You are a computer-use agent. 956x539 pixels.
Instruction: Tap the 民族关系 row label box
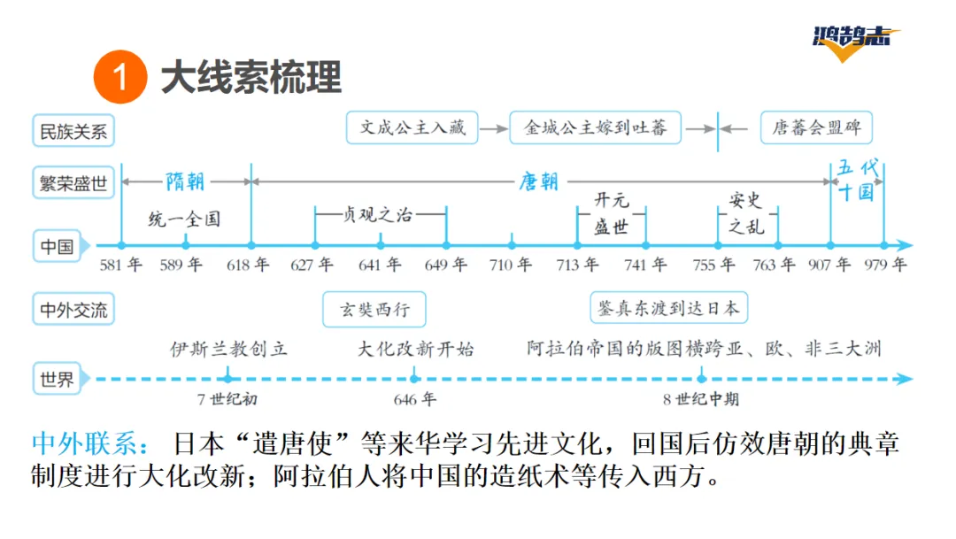73,132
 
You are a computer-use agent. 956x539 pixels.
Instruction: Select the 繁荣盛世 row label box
73,183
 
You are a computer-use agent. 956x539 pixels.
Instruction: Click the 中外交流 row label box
73,311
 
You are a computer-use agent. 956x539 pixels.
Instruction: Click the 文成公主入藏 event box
412,127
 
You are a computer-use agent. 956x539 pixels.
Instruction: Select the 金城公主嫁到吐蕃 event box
595,127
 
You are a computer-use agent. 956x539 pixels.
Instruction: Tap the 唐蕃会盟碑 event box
815,127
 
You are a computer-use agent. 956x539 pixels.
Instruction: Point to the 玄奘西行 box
373,310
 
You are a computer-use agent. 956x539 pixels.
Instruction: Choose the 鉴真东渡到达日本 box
668,308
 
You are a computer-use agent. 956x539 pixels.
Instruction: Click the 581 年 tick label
120,265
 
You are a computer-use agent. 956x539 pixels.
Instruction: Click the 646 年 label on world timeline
414,399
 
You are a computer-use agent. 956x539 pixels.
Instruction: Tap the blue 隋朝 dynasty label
185,181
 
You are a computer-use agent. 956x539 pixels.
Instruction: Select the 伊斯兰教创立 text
229,348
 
